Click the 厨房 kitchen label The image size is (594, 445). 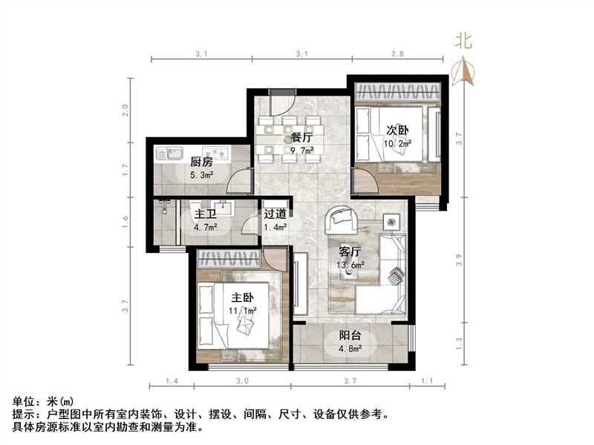point(200,162)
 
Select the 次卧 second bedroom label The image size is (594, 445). point(396,130)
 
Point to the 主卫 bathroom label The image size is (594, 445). point(205,214)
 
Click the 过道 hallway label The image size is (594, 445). point(275,214)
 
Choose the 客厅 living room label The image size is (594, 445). point(350,252)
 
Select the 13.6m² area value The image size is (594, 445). point(351,266)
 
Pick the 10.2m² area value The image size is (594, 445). point(398,143)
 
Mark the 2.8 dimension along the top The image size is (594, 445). point(398,54)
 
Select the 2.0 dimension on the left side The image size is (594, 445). point(126,111)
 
